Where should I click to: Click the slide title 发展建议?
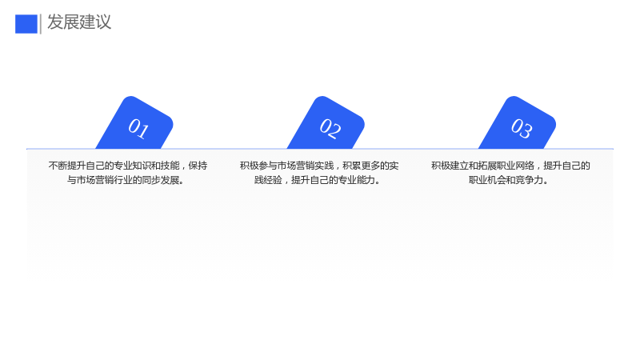point(79,22)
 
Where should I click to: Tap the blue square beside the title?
point(26,24)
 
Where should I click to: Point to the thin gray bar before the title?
point(41,24)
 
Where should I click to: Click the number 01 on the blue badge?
point(138,129)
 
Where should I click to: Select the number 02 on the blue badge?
point(330,129)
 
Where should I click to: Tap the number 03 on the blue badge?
point(522,129)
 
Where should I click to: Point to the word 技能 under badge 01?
point(170,166)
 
